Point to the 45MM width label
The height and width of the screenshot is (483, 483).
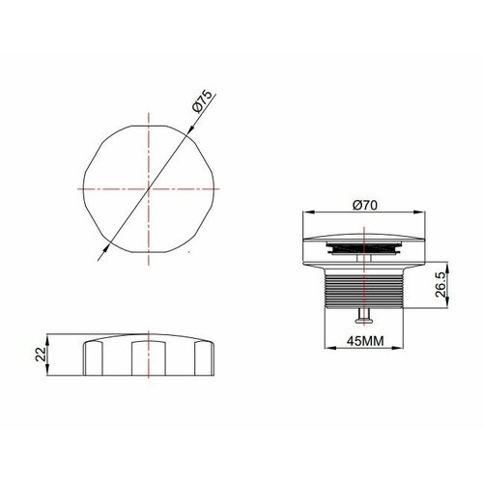point(364,341)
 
